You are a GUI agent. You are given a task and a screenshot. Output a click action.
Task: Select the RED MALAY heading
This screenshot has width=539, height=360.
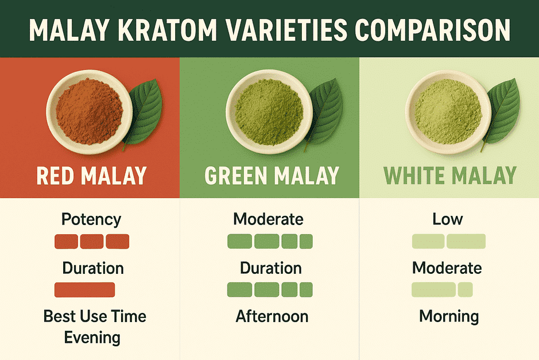91,176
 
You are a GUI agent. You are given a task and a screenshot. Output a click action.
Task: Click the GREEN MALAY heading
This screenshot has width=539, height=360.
272,176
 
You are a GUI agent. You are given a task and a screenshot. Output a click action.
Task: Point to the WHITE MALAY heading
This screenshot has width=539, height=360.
450,176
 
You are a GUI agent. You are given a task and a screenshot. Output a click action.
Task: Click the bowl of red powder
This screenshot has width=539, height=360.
90,112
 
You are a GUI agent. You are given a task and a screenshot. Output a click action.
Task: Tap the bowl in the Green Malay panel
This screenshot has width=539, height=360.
269,112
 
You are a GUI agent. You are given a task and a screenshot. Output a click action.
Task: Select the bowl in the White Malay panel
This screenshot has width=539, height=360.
448,112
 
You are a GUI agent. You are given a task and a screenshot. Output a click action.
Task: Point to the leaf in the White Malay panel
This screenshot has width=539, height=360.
502,114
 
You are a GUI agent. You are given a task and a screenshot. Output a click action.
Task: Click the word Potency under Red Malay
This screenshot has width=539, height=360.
91,220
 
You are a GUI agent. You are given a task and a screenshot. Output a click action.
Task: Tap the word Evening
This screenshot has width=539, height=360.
92,338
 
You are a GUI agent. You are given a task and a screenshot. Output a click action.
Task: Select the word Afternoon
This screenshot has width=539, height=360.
272,316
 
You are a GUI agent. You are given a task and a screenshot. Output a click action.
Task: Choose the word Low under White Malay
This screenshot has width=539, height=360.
448,219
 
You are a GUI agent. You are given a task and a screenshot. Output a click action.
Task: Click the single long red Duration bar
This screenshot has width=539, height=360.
84,290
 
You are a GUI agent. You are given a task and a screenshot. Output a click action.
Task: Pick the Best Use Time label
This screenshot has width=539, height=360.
95,316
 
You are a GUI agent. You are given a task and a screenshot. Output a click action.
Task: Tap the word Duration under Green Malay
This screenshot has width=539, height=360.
271,268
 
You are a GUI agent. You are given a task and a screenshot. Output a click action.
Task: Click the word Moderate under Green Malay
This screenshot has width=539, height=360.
268,219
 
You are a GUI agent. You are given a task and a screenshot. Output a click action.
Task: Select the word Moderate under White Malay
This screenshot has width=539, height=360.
447,268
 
